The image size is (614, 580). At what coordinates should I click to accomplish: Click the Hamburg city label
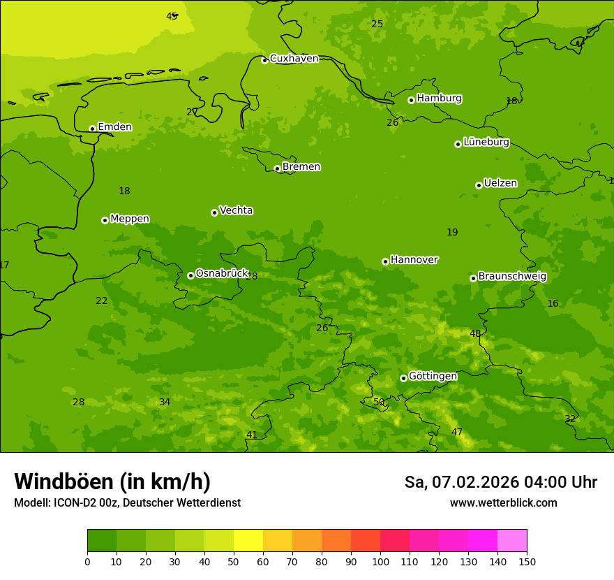439,99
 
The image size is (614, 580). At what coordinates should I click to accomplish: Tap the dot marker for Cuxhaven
264,60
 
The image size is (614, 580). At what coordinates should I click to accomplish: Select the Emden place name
114,127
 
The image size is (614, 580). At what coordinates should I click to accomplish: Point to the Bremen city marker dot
277,168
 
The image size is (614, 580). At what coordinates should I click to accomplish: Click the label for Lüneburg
486,142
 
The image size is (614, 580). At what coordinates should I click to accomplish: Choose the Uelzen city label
500,184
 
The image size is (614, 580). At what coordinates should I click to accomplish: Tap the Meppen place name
129,219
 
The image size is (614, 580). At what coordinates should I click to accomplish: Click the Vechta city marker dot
214,212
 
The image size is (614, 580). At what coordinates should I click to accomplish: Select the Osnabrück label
221,273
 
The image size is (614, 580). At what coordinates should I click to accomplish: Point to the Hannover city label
414,260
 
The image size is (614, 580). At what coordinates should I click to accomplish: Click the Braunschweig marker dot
473,278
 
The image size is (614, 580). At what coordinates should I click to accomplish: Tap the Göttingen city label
433,376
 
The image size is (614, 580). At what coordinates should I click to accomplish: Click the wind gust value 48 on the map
475,334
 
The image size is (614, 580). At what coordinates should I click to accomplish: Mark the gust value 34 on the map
165,403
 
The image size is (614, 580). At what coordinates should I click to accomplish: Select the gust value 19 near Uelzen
452,233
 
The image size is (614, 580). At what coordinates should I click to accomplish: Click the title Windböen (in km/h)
112,481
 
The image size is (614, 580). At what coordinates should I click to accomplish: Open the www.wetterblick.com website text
503,502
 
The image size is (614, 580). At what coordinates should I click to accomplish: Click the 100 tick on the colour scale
380,561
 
